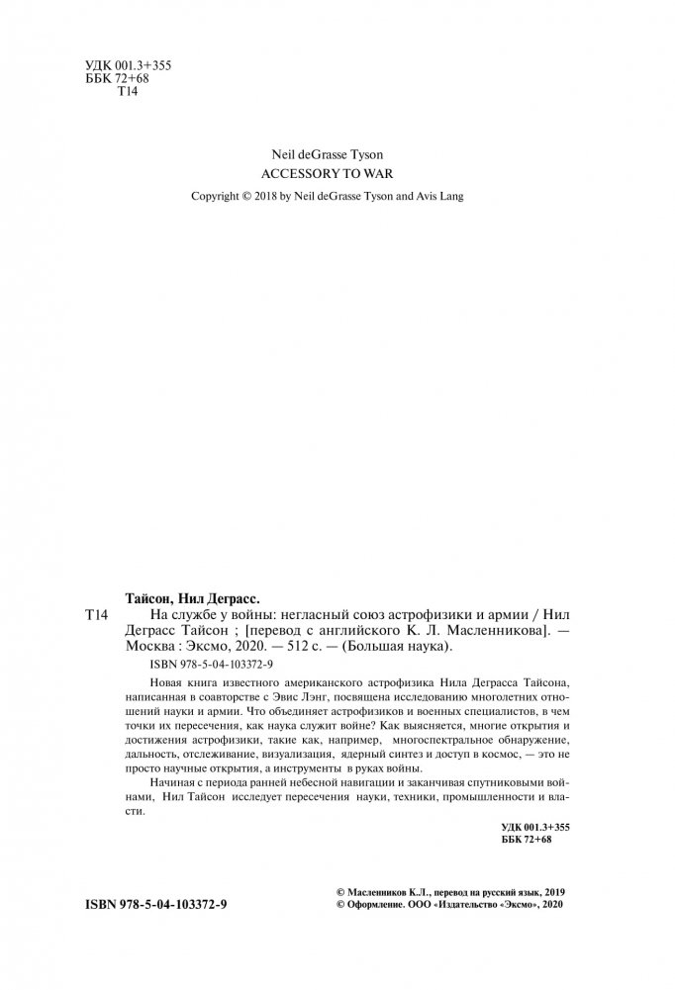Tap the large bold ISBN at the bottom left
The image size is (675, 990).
[x=155, y=933]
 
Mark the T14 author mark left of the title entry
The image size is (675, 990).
[x=91, y=614]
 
